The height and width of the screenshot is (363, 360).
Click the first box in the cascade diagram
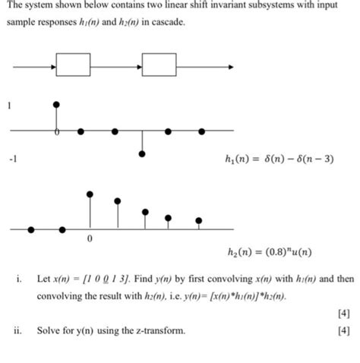(x=73, y=65)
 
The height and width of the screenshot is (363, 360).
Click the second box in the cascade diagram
(x=159, y=65)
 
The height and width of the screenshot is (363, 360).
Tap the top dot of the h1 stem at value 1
(x=55, y=103)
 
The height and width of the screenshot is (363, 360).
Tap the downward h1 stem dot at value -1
(x=142, y=154)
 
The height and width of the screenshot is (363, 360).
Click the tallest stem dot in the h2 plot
(x=90, y=194)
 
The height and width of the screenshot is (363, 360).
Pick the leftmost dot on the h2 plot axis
(x=31, y=228)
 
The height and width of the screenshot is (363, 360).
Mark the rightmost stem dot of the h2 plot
(x=198, y=221)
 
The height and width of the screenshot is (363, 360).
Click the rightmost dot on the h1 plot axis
(x=201, y=131)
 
